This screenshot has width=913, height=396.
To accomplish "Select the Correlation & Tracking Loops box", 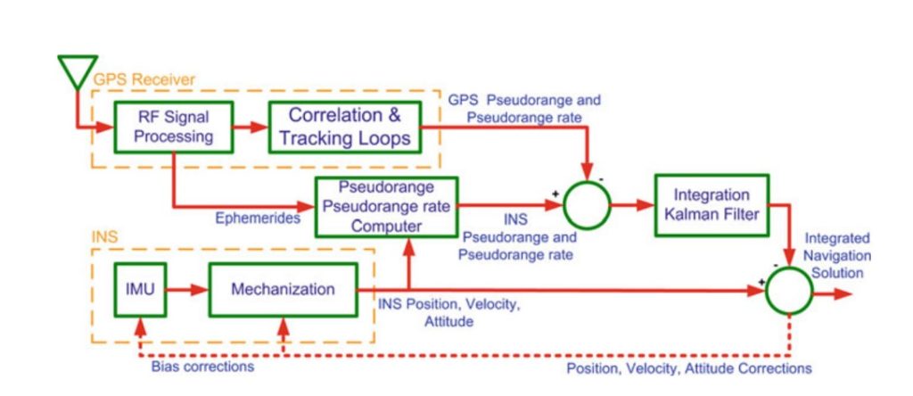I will coord(345,127).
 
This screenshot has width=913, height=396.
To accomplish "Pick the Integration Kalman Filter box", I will coord(711,205).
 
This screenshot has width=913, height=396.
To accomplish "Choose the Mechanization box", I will coord(283,289).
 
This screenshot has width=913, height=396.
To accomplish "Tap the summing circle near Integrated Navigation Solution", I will coord(788,291).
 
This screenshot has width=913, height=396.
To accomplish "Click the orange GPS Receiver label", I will coord(144,80).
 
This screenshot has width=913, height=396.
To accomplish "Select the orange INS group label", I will coord(105,240).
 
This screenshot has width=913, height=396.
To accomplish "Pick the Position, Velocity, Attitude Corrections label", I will coord(689,367).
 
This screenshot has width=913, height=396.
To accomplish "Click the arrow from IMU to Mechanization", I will coord(186,289).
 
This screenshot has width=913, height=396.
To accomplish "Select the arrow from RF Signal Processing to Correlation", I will coord(251,127).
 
